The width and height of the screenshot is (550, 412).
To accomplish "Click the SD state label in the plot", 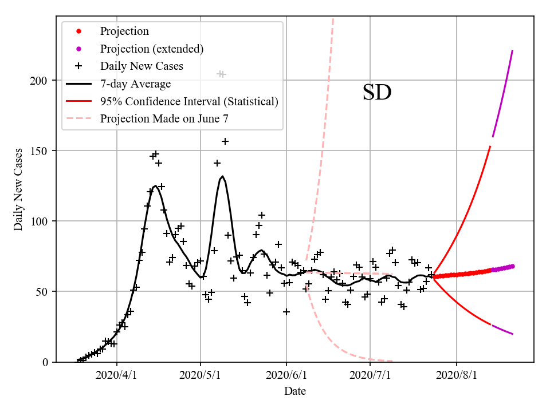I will pos(377,93).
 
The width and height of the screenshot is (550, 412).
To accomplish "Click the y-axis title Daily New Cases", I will pos(18,189).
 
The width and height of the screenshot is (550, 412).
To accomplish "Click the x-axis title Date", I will pos(294,391).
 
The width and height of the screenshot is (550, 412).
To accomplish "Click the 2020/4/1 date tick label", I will pos(117,375).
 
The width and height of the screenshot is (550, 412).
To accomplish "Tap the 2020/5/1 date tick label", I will pos(201,375).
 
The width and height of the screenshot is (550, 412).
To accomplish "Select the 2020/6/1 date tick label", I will pos(286,375).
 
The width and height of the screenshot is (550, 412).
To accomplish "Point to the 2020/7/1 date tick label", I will pos(370,375).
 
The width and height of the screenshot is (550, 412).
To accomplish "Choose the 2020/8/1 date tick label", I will pos(457,375).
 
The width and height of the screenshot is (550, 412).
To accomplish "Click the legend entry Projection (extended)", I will pos(151,49).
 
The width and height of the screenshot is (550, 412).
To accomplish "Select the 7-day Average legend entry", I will pos(135,84).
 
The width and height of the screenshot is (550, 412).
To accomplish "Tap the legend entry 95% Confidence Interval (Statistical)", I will pos(189,101).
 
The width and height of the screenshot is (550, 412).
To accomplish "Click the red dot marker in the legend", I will pos(79,31).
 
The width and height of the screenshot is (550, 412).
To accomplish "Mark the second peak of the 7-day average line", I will pos(222,176).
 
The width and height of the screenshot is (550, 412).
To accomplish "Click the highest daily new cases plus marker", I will pos(221,74).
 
